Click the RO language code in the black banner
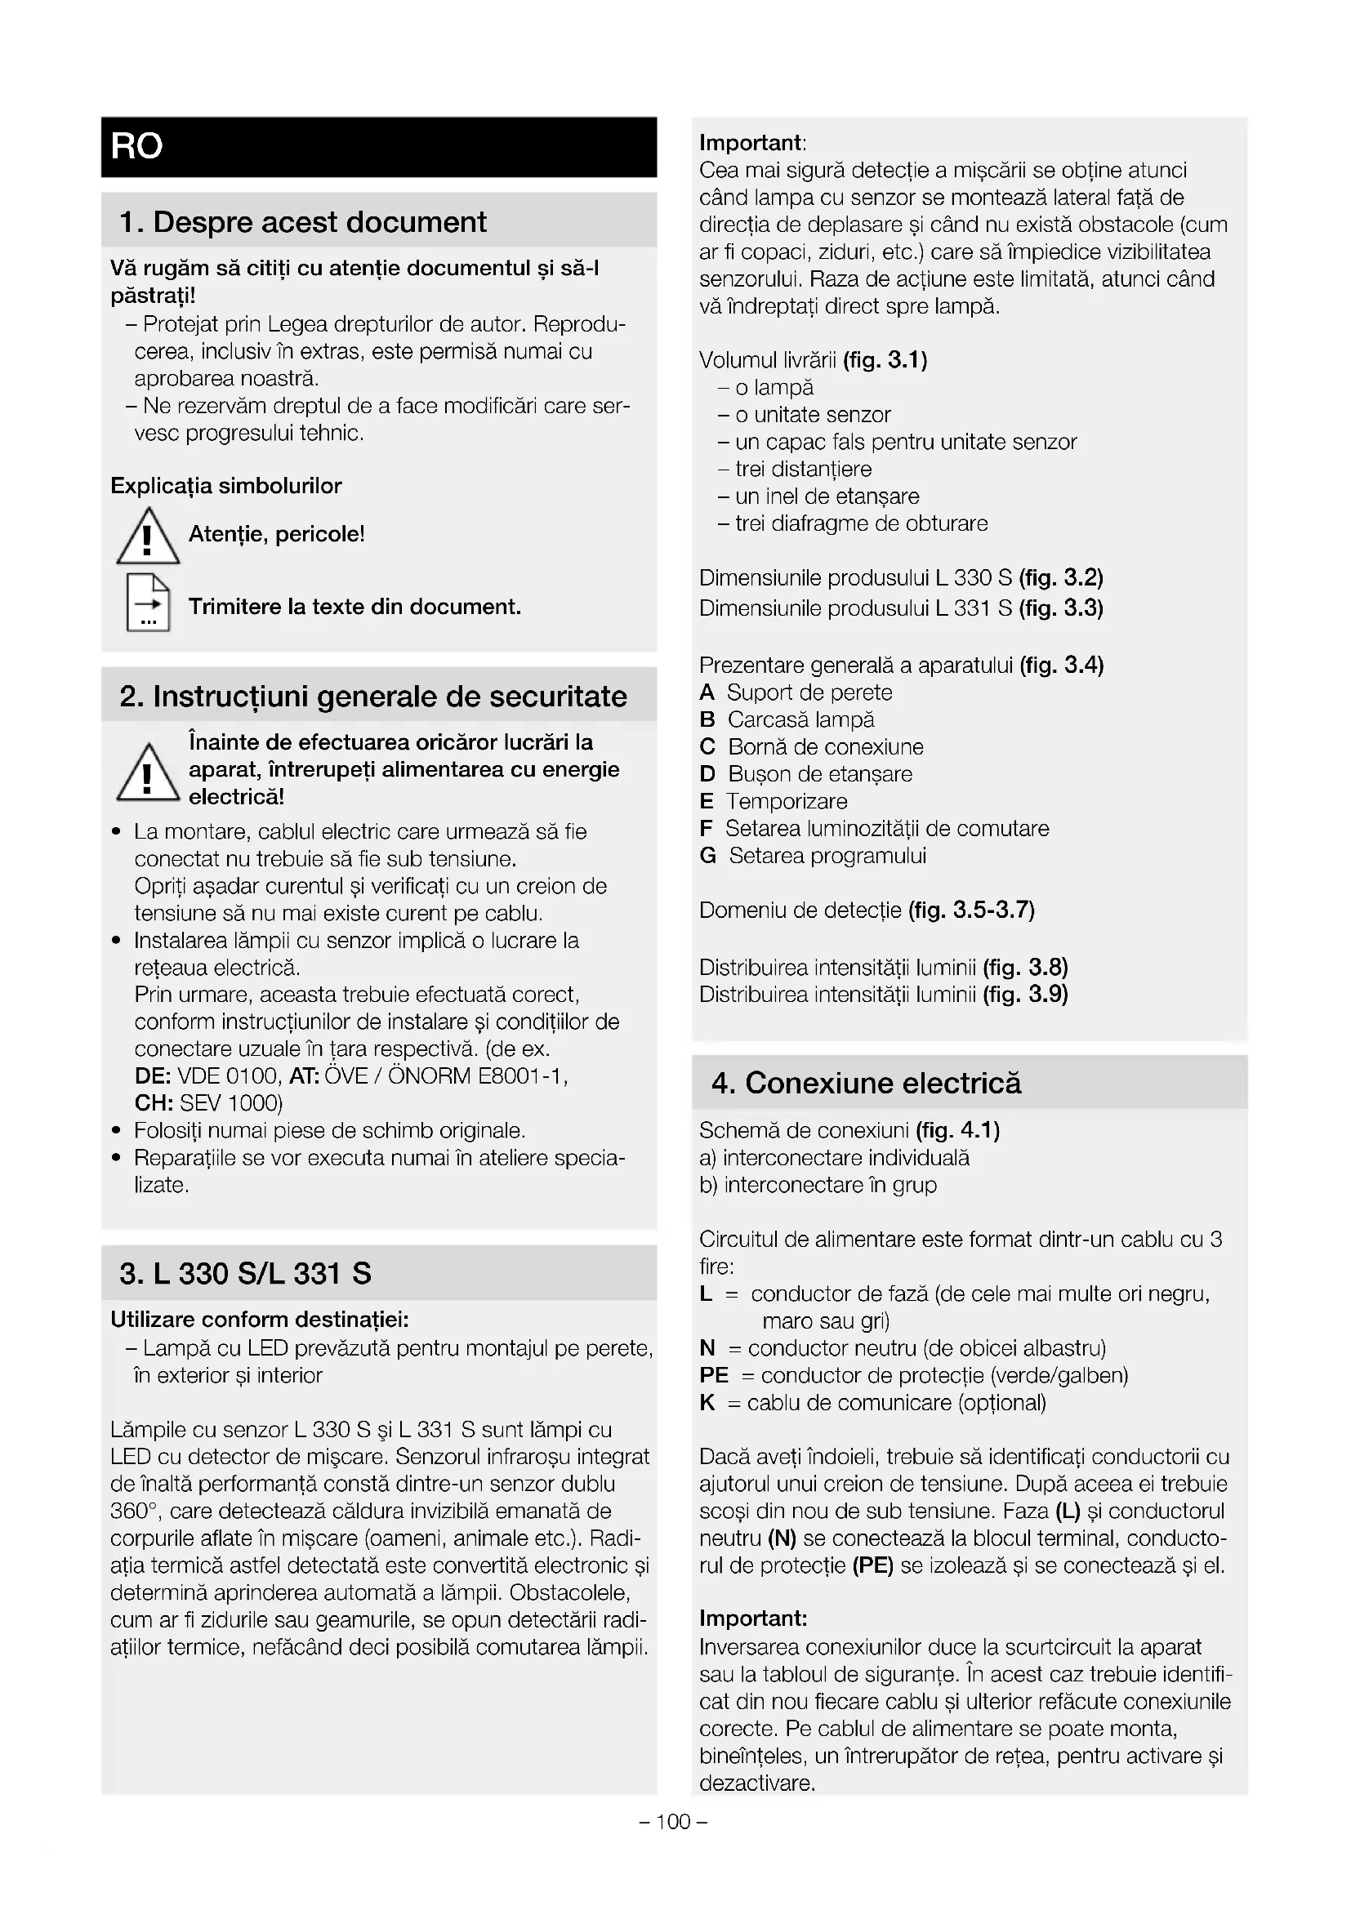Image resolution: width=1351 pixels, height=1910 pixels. click(x=136, y=146)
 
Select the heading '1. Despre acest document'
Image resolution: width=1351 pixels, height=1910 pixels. click(x=303, y=222)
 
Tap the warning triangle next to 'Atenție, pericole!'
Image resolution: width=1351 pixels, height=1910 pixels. click(x=148, y=537)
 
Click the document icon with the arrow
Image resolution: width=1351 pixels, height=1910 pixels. click(x=148, y=603)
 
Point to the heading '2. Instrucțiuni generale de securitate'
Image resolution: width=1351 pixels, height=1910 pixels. click(x=372, y=697)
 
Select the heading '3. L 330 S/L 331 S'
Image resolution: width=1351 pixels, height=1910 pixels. click(x=245, y=1274)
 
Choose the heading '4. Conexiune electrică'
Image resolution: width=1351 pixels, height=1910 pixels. click(x=866, y=1083)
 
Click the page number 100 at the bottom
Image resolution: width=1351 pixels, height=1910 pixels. click(x=674, y=1822)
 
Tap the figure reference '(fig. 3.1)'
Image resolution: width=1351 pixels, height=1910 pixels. click(x=885, y=360)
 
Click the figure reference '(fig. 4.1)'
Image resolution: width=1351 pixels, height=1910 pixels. click(x=957, y=1130)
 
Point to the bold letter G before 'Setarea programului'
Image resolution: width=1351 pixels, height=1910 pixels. click(x=708, y=856)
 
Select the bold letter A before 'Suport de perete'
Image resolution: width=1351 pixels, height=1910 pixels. click(x=707, y=692)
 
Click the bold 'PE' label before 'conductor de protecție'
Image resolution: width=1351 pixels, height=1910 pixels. click(x=714, y=1376)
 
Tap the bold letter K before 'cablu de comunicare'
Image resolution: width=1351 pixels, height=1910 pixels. click(x=707, y=1404)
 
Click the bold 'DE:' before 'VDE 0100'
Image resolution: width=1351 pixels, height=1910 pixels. click(x=153, y=1076)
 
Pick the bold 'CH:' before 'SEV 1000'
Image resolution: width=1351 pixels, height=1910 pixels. click(x=154, y=1104)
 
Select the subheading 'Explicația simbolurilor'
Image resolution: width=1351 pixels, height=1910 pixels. click(x=226, y=486)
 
